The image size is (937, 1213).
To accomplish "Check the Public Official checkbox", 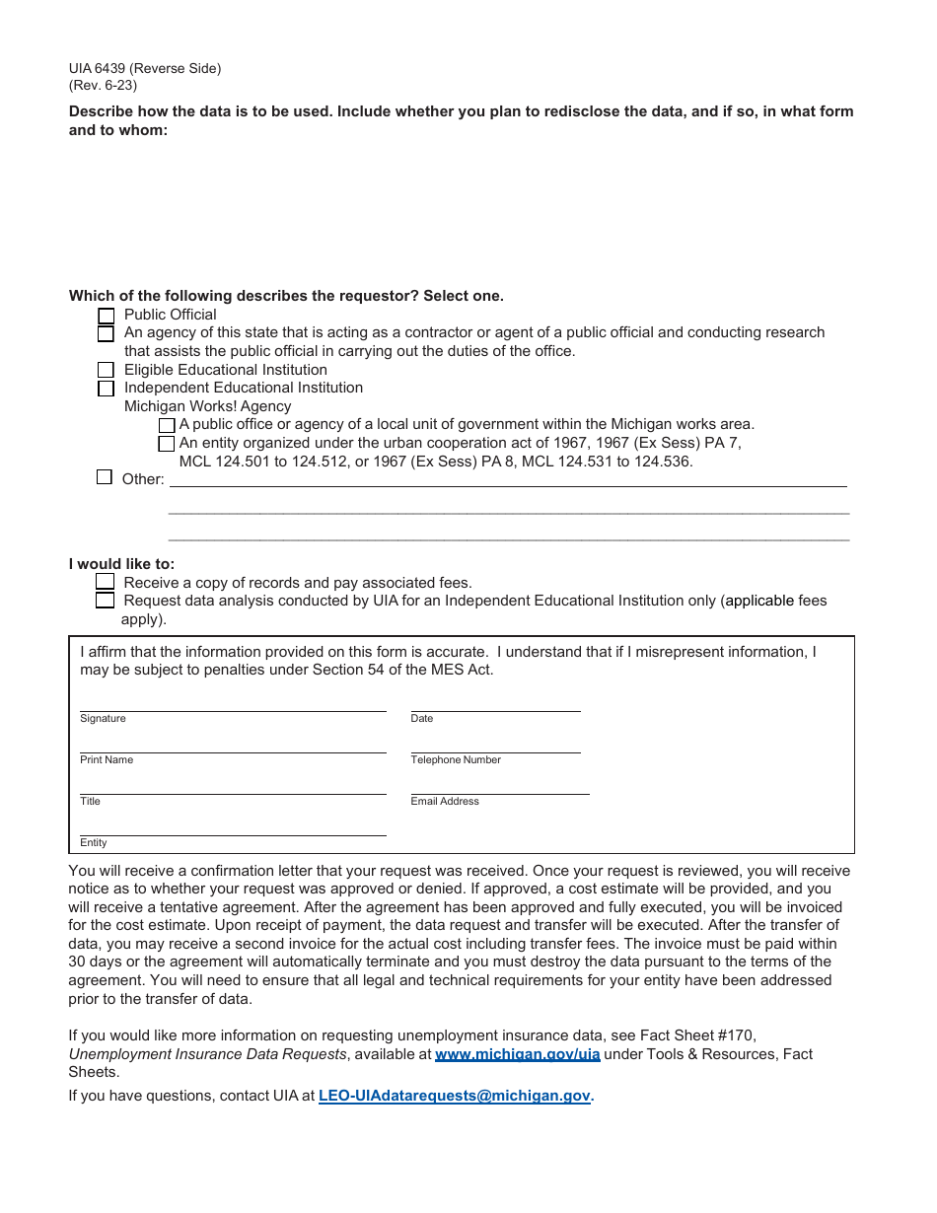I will (x=107, y=317).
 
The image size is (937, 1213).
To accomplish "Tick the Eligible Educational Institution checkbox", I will (x=106, y=370).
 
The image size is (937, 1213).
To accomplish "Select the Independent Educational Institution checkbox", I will (x=106, y=389).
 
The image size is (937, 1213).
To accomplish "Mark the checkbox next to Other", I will (x=105, y=477).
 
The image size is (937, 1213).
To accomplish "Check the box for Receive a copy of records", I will (x=106, y=582).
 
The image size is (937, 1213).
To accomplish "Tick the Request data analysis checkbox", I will (x=106, y=600).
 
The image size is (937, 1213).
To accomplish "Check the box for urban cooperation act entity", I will (x=167, y=444).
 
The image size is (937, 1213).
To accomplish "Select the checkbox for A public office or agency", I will (x=167, y=425).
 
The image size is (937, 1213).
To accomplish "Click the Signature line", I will (x=233, y=702).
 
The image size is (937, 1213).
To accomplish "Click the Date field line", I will (x=495, y=702).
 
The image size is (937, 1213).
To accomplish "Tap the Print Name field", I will (x=233, y=745).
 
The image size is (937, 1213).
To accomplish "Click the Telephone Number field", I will (x=495, y=745).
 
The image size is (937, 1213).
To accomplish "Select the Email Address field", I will (x=499, y=786).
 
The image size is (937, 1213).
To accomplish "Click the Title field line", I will (x=233, y=786).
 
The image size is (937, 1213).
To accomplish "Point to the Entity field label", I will (x=94, y=843).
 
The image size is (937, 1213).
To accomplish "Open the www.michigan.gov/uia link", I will (x=517, y=1054).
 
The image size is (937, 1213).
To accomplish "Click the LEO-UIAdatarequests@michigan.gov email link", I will (x=454, y=1095).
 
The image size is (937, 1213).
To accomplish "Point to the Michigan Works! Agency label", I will (x=207, y=406).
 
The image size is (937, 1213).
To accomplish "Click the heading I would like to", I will (x=121, y=564).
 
